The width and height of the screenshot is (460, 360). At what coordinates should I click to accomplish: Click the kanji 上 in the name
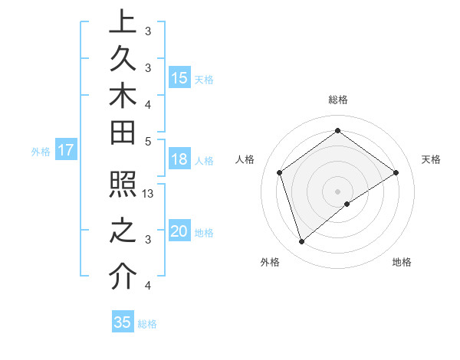tap(123, 23)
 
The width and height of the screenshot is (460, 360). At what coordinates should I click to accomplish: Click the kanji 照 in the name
tap(123, 188)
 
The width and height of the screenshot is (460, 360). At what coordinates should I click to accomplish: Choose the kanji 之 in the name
tap(123, 231)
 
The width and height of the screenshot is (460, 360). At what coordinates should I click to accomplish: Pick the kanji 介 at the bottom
tap(123, 277)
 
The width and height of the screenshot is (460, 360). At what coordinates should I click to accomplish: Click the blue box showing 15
tap(179, 78)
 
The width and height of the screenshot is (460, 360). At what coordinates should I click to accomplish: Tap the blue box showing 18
tap(179, 160)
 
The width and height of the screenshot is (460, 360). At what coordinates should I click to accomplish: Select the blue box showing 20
tap(179, 232)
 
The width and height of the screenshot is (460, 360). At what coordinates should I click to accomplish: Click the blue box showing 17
tap(65, 151)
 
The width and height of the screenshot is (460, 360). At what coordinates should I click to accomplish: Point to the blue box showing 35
tap(123, 322)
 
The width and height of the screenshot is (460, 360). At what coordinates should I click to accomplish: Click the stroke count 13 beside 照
tap(149, 193)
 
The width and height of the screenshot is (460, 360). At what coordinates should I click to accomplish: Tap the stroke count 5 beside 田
tap(148, 140)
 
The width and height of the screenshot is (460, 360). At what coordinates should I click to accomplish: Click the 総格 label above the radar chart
tap(337, 100)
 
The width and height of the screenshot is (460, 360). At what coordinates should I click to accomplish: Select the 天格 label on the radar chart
tap(432, 159)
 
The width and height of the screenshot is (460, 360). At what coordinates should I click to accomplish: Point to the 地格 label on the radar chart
tap(402, 263)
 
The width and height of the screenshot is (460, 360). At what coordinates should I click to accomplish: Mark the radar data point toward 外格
tap(301, 242)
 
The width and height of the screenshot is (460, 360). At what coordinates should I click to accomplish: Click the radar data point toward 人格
tap(280, 172)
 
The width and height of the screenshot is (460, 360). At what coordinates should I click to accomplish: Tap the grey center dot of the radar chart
tap(337, 191)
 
